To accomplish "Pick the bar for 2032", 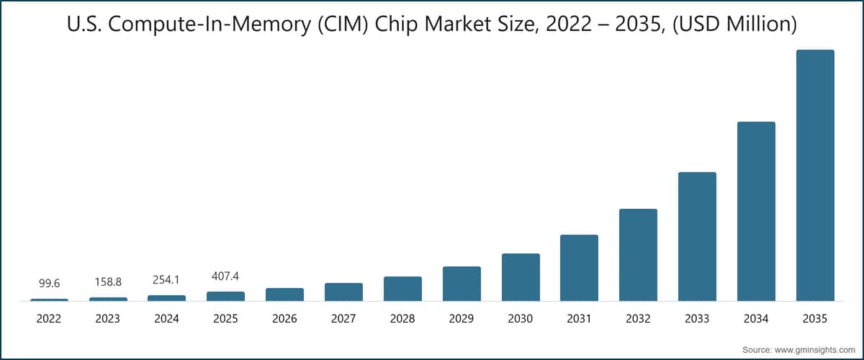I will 638,255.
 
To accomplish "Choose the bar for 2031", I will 579,268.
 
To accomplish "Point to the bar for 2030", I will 521,277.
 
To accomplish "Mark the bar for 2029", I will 462,284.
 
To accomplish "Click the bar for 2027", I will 343,292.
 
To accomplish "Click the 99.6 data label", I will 49,284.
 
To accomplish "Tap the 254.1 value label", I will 166,279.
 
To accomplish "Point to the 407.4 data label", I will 225,276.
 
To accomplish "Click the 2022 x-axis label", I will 49,318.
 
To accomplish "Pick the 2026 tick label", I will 284,318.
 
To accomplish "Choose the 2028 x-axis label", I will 402,318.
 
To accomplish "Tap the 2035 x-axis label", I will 815,318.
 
